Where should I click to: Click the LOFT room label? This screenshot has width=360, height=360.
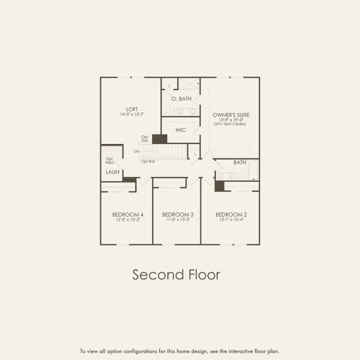[x=132, y=109]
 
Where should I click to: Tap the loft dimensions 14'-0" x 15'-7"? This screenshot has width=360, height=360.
[x=132, y=114]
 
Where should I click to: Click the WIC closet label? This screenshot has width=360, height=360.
[x=181, y=130]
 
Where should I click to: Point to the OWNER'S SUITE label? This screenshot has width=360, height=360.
[x=231, y=114]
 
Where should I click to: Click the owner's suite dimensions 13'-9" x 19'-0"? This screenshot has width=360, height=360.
[x=231, y=119]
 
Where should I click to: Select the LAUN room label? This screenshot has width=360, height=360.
[x=112, y=172]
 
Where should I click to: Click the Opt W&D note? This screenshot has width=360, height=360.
[x=110, y=161]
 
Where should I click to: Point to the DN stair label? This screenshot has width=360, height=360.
[x=137, y=151]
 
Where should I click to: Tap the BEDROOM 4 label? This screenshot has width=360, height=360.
[x=128, y=214]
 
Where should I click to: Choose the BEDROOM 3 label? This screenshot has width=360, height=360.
[x=178, y=214]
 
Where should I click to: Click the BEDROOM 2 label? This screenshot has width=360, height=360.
[x=231, y=214]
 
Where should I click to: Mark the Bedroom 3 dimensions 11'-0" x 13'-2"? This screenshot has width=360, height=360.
[x=178, y=220]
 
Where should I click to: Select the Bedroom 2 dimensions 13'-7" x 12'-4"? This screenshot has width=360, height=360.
[x=231, y=220]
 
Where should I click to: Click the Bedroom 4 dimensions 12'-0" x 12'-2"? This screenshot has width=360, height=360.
[x=128, y=220]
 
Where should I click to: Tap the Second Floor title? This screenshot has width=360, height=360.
[x=176, y=275]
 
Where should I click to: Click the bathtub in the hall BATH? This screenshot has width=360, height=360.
[x=253, y=170]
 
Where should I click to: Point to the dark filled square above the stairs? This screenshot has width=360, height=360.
[x=160, y=139]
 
